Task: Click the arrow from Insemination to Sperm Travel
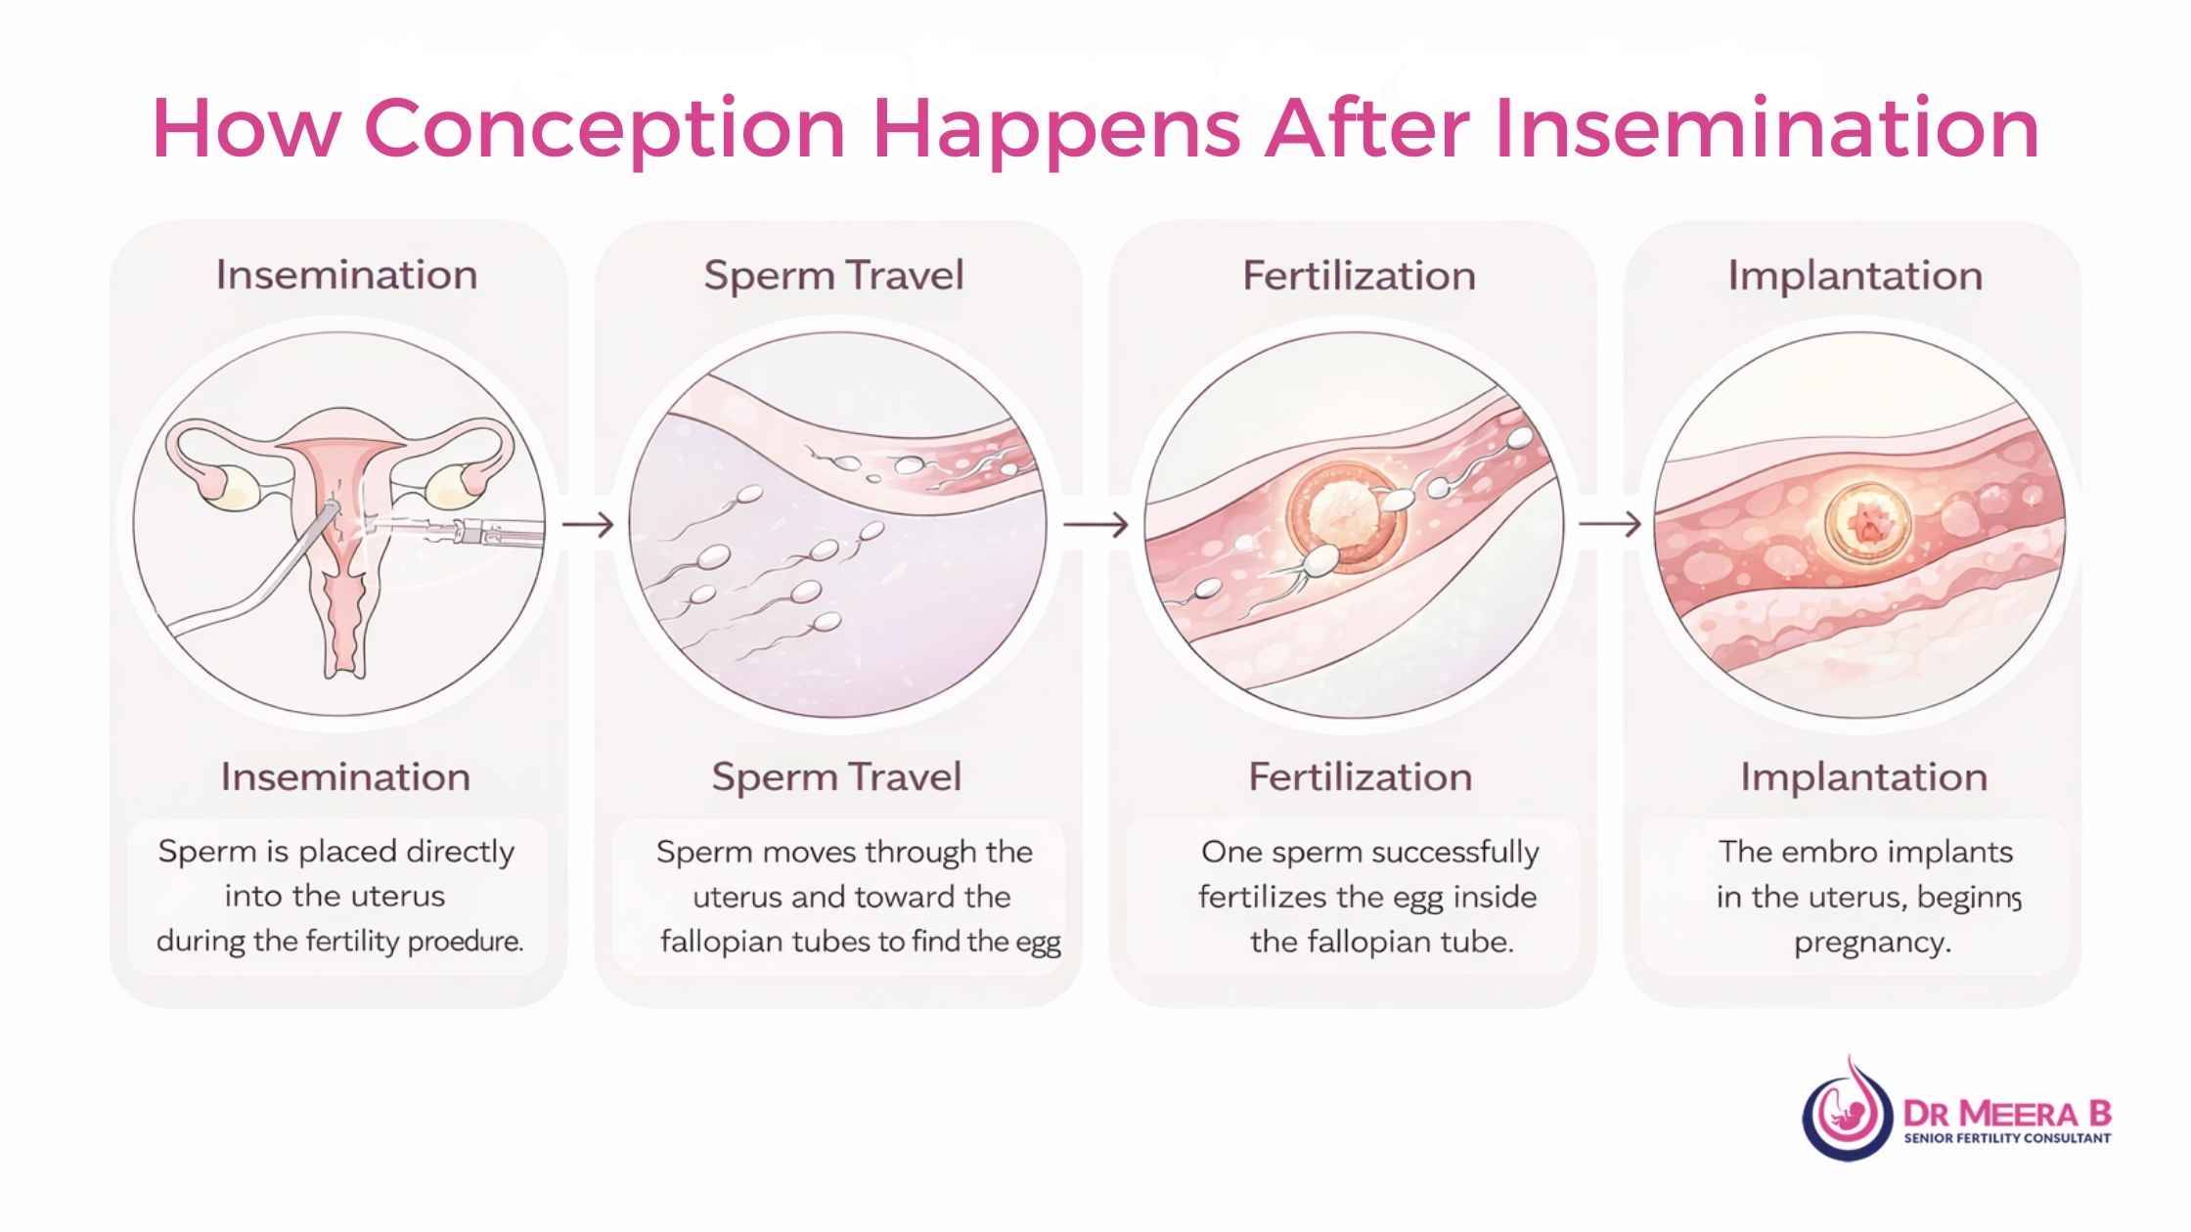tap(588, 525)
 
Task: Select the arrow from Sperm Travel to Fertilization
tap(1095, 525)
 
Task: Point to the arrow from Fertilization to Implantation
tap(1610, 525)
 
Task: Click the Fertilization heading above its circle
tap(1359, 276)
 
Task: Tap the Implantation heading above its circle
tap(1855, 276)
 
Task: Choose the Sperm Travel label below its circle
tap(836, 777)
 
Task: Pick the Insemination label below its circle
tap(345, 777)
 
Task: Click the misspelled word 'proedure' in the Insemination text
tap(465, 942)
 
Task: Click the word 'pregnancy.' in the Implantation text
tap(1872, 943)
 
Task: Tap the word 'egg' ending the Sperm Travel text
tap(1039, 943)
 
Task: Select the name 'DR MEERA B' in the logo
tap(2007, 1113)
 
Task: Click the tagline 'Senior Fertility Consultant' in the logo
tap(2007, 1137)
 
